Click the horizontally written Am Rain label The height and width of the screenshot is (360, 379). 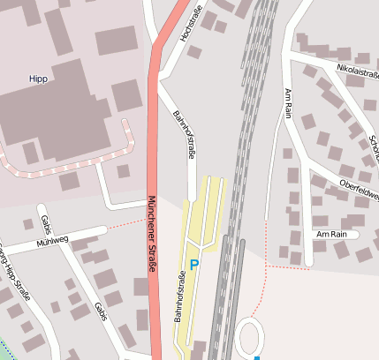coord(331,235)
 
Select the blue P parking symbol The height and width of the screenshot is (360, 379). coord(194,264)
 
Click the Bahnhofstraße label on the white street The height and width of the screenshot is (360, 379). coord(184,139)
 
